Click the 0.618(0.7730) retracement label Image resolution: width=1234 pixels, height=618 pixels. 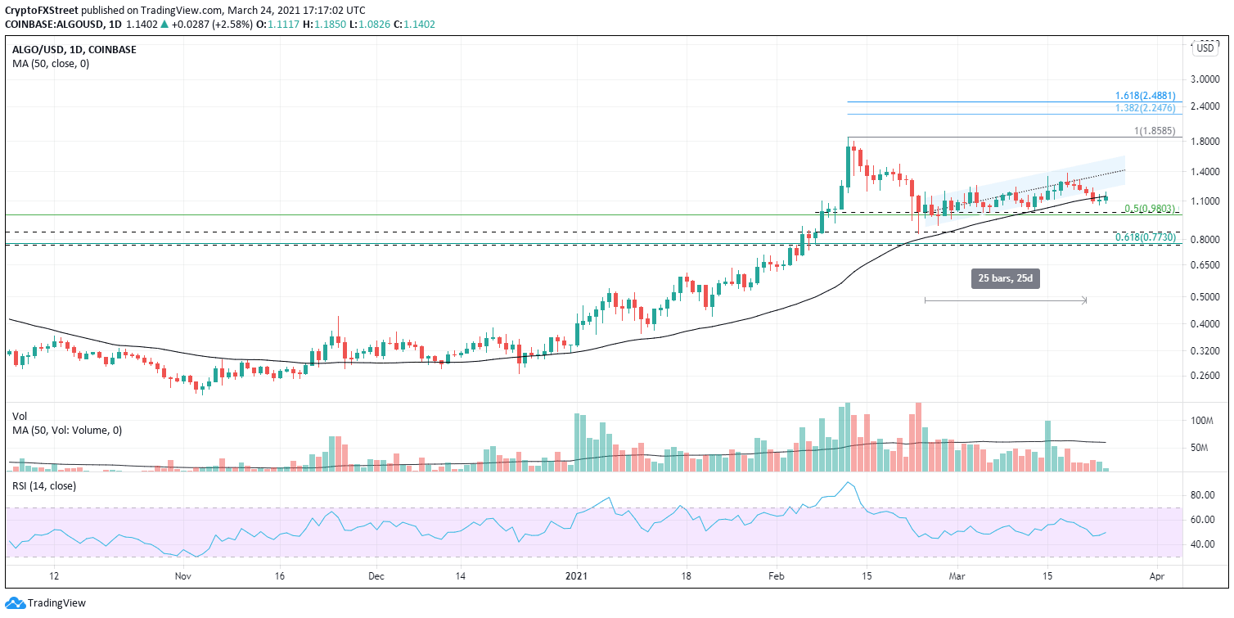[1146, 237]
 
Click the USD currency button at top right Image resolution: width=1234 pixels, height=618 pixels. [1205, 48]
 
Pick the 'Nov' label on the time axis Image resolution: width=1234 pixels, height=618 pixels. [183, 575]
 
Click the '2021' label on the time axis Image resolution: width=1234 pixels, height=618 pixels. [577, 575]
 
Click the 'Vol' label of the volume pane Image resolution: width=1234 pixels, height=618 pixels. [20, 417]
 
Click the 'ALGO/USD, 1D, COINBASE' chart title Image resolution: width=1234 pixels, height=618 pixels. [74, 49]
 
